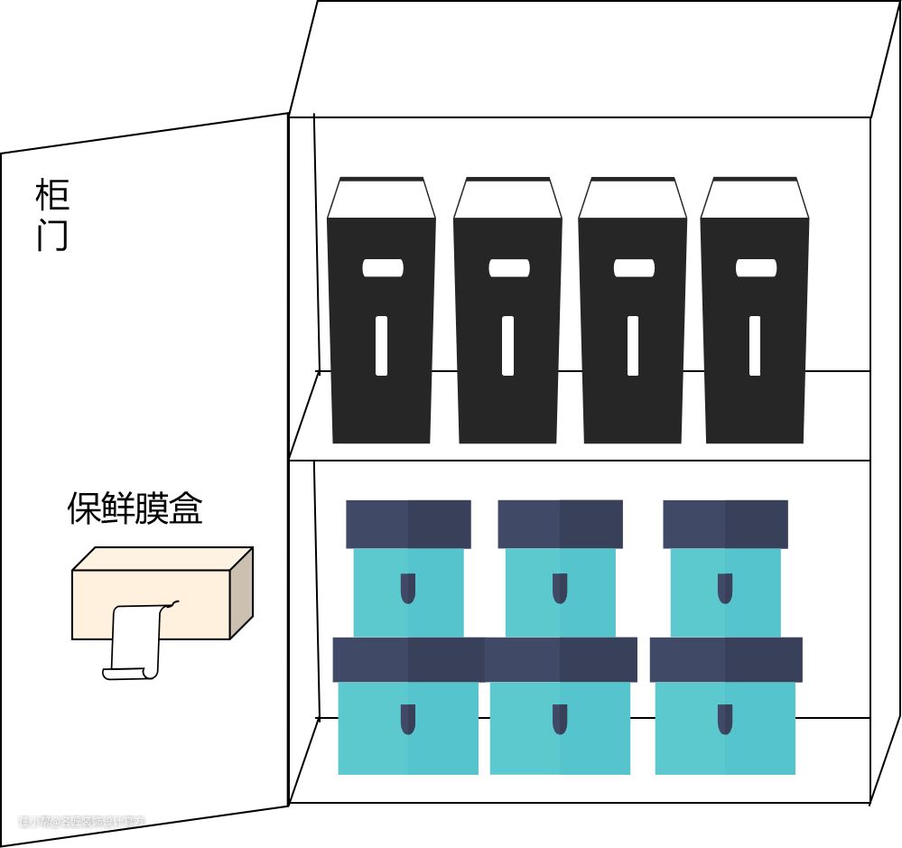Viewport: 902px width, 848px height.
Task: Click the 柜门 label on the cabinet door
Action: [x=52, y=215]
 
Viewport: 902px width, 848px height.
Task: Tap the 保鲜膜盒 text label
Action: [x=135, y=508]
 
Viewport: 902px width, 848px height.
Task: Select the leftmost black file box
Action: [x=381, y=325]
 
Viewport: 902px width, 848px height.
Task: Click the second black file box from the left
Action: [x=507, y=325]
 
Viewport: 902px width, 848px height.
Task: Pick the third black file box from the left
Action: [x=632, y=325]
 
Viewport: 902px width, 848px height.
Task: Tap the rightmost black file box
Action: [x=755, y=325]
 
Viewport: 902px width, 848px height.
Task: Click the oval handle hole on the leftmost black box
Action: [x=383, y=268]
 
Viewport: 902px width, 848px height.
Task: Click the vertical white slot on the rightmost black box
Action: [x=755, y=345]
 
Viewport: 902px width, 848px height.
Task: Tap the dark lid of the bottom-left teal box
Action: [x=408, y=659]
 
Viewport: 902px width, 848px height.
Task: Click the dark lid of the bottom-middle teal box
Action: [x=560, y=659]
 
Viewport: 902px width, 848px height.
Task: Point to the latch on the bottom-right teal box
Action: [x=725, y=719]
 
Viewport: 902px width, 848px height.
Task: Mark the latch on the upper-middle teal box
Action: [x=560, y=588]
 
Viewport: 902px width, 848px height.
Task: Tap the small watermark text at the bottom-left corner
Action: [x=81, y=822]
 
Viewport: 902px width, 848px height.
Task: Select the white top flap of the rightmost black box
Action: [x=755, y=200]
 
